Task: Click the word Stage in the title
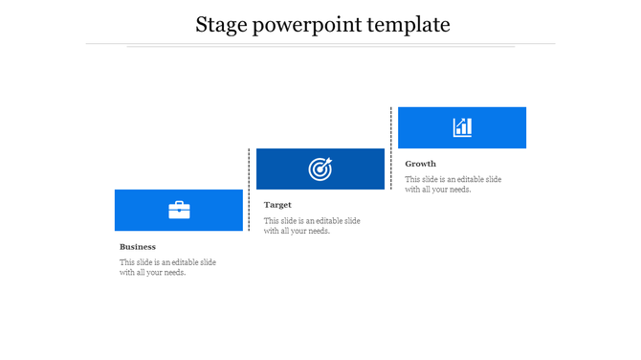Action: pyautogui.click(x=219, y=25)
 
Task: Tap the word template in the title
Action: pyautogui.click(x=415, y=25)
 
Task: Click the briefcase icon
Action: pyautogui.click(x=179, y=211)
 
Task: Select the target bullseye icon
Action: pyautogui.click(x=320, y=169)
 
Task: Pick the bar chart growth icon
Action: pyautogui.click(x=462, y=127)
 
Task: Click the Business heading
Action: pyautogui.click(x=138, y=247)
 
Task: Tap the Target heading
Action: pyautogui.click(x=277, y=205)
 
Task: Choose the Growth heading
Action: pyautogui.click(x=420, y=164)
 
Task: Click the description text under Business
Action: pyautogui.click(x=167, y=267)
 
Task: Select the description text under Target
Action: pyautogui.click(x=312, y=226)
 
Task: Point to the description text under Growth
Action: pyautogui.click(x=453, y=184)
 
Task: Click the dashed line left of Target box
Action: pyautogui.click(x=250, y=190)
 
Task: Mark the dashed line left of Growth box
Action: pyautogui.click(x=391, y=148)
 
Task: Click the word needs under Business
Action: pyautogui.click(x=173, y=273)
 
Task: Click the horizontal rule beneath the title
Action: pyautogui.click(x=320, y=44)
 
